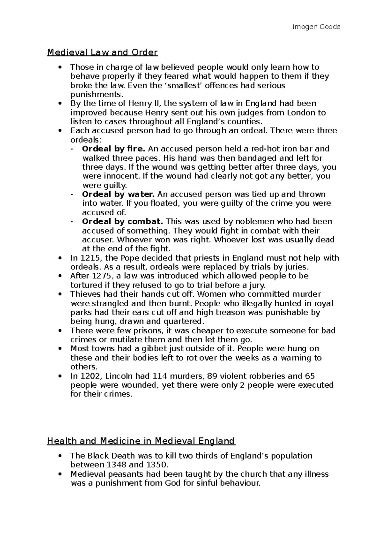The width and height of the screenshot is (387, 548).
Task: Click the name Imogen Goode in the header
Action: [316, 27]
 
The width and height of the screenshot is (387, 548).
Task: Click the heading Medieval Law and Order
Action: [102, 52]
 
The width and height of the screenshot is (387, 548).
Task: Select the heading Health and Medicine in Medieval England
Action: [141, 441]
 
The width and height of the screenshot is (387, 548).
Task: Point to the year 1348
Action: [116, 465]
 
